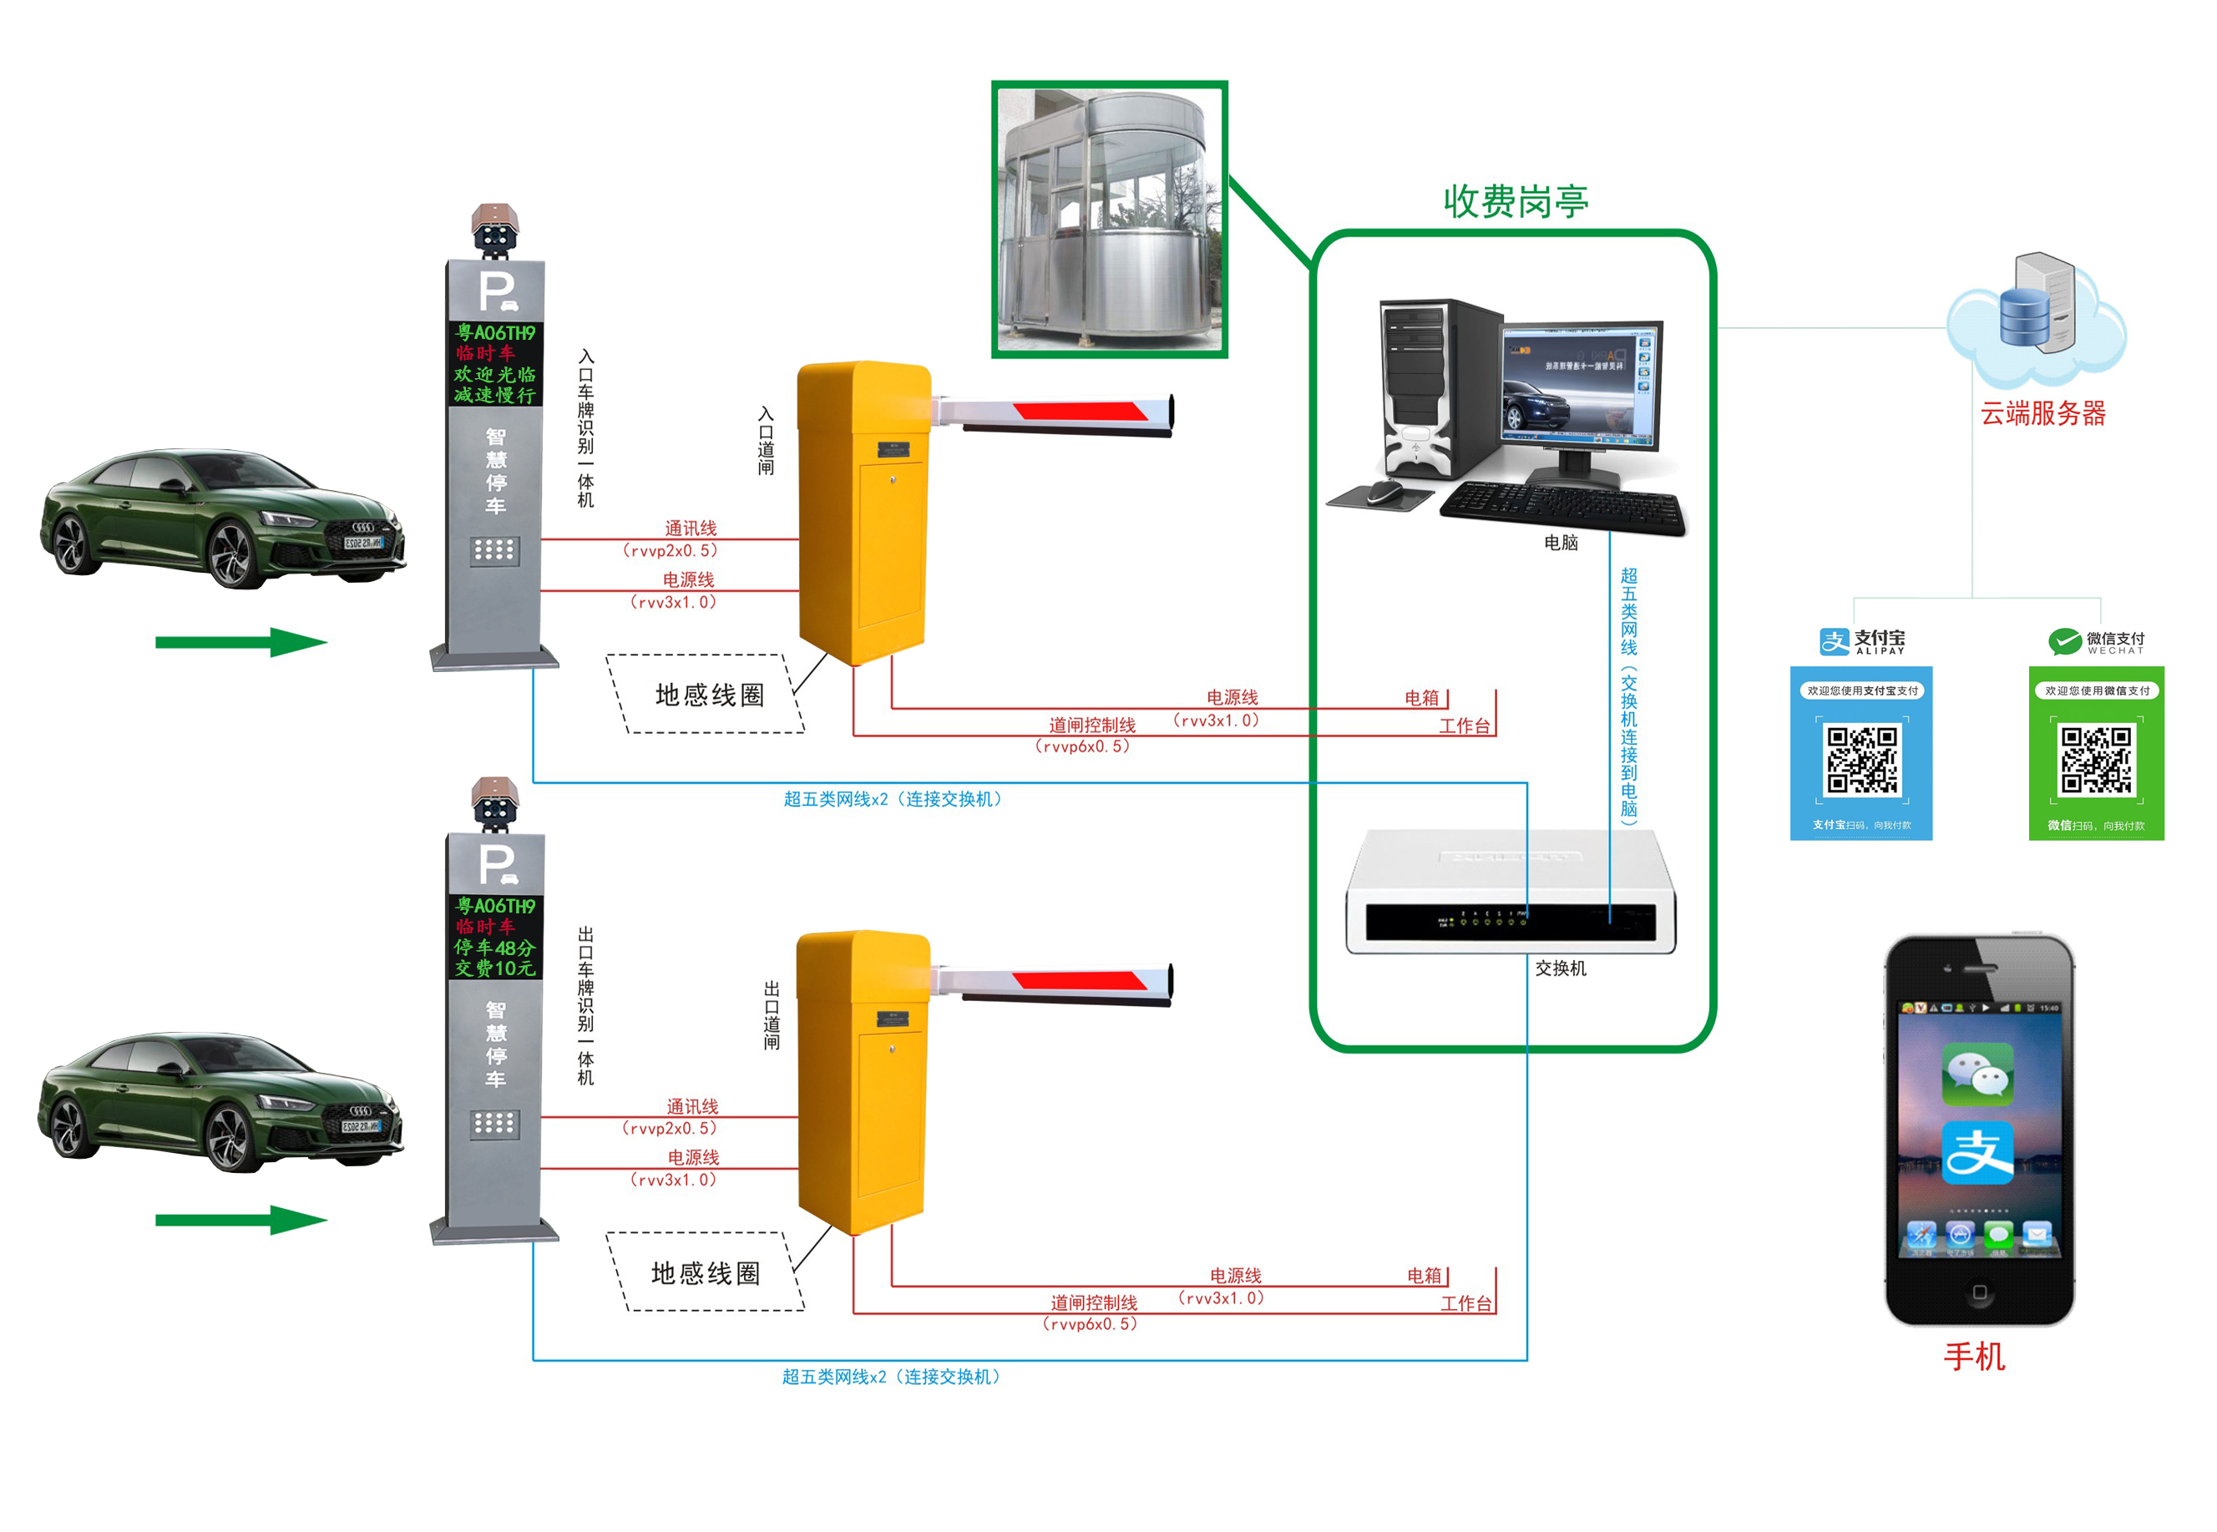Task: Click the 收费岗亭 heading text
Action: click(1514, 201)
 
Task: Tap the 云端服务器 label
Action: click(2042, 414)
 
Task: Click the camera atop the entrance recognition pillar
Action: click(494, 230)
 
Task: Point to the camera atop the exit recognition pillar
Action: click(494, 803)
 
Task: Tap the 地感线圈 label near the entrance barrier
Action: click(709, 695)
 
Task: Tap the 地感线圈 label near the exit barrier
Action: click(706, 1273)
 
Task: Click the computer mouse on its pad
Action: click(1384, 493)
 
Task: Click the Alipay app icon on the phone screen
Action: click(1977, 1152)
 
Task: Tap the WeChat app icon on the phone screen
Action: click(1977, 1074)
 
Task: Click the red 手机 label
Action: click(1973, 1357)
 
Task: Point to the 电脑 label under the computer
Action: click(1561, 543)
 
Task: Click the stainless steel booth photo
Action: click(1109, 219)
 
